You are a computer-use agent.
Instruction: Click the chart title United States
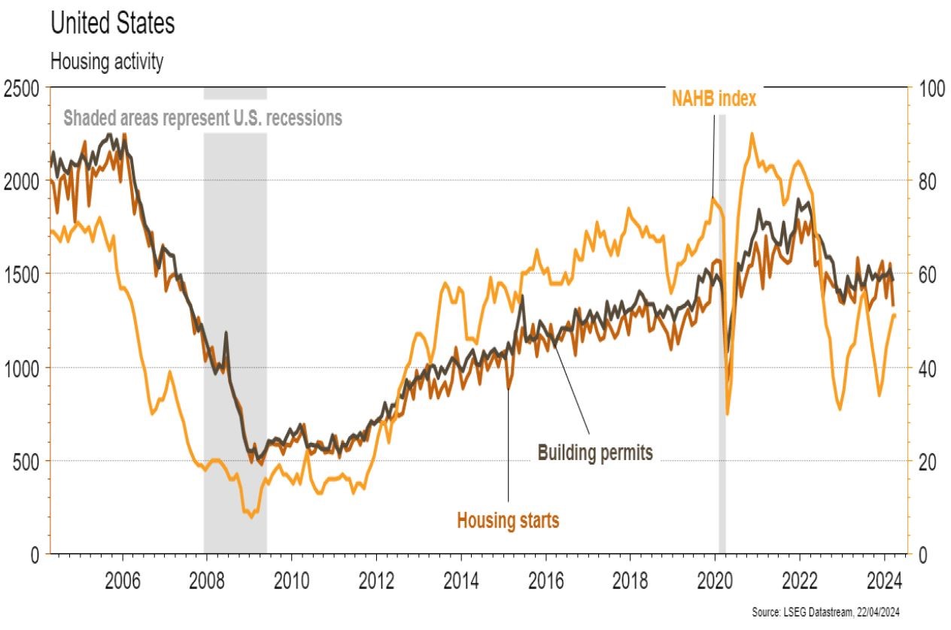[x=112, y=23]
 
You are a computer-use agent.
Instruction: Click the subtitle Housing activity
[x=106, y=62]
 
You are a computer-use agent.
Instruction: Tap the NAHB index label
[x=714, y=98]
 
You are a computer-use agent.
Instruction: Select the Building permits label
[x=594, y=453]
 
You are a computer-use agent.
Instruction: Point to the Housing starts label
[x=508, y=519]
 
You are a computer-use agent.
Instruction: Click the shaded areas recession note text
[x=202, y=118]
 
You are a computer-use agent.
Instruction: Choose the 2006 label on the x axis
[x=123, y=581]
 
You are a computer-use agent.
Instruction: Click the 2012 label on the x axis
[x=376, y=581]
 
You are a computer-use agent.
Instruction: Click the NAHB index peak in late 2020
[x=752, y=135]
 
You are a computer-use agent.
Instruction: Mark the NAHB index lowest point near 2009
[x=251, y=517]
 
